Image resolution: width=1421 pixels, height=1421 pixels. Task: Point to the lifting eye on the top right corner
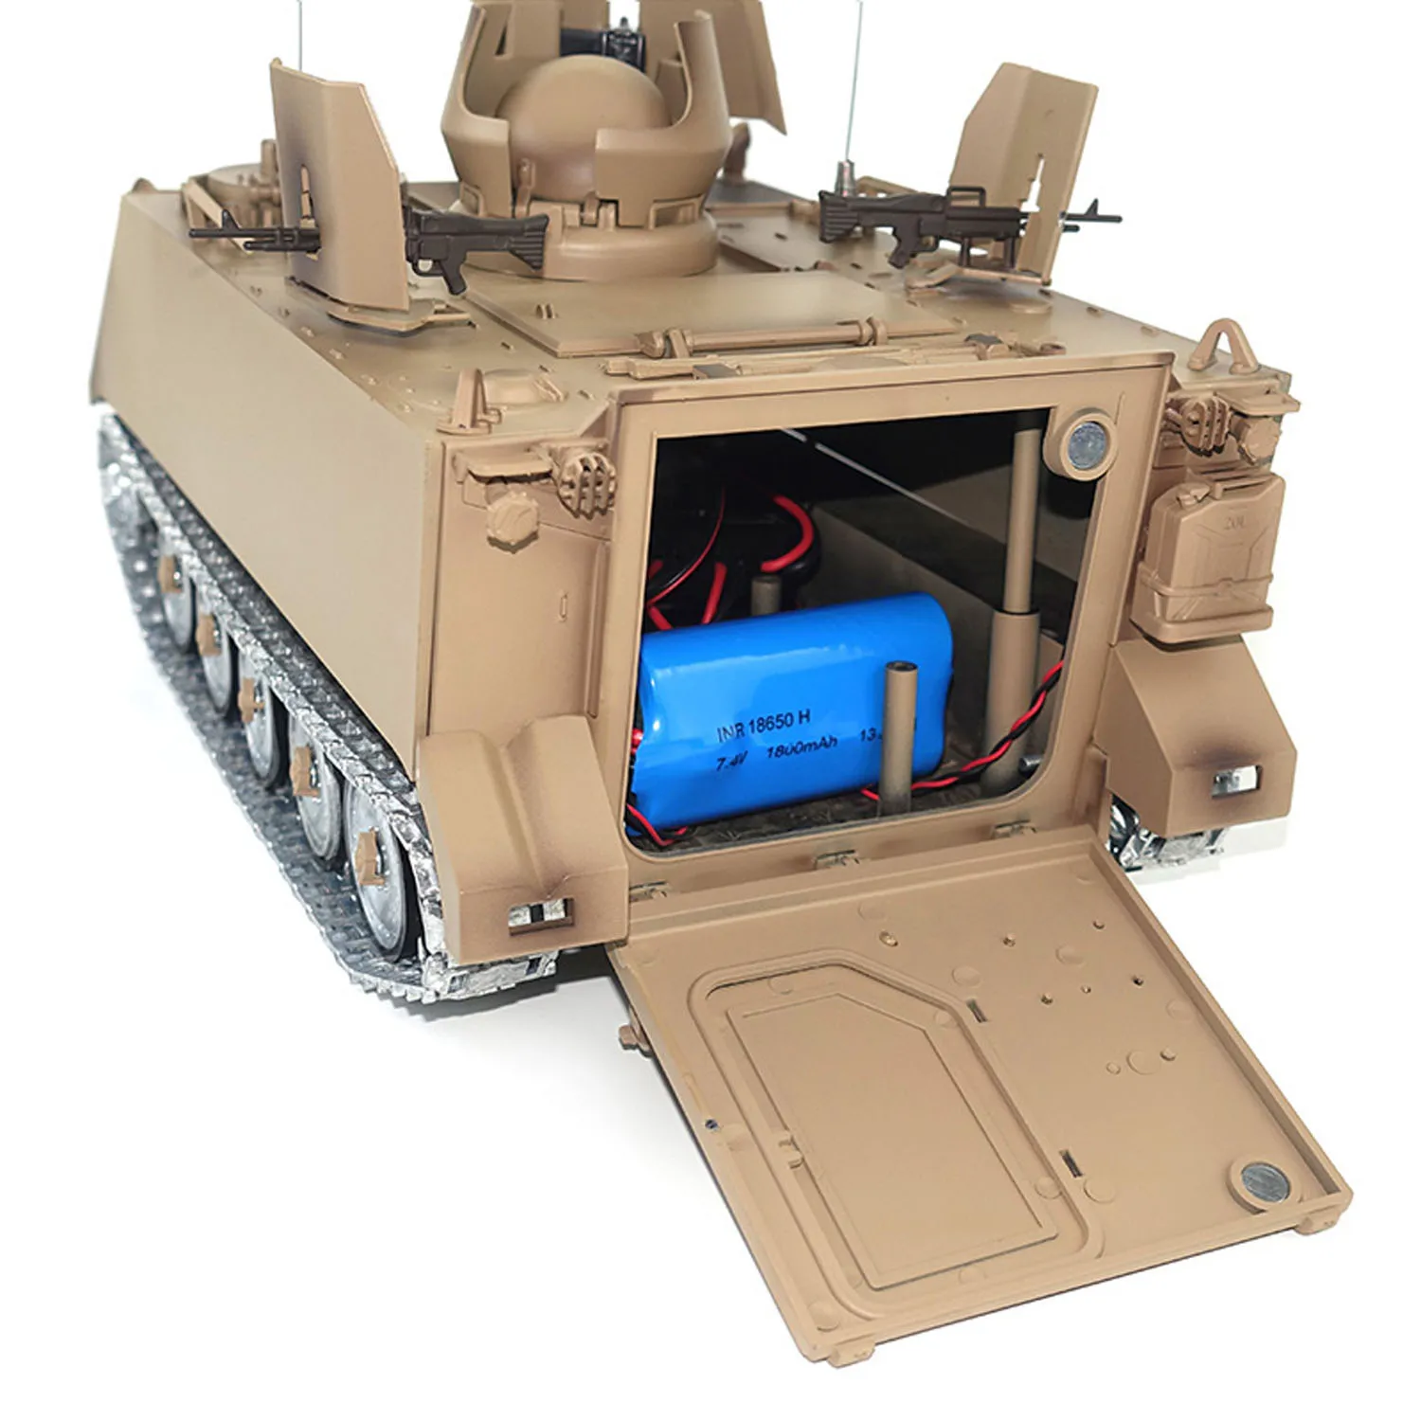click(1225, 342)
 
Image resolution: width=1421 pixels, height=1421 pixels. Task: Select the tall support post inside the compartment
click(1019, 568)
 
